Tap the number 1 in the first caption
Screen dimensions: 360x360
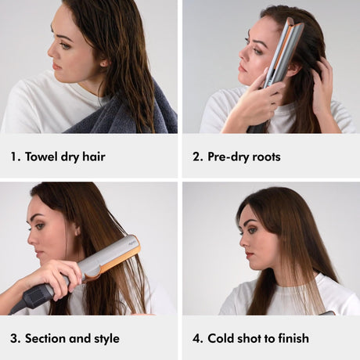coord(13,157)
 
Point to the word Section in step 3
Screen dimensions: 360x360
coord(45,338)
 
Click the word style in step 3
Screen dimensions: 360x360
coord(107,339)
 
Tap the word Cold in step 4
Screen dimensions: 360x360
coord(221,338)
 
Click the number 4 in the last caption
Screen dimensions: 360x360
coord(196,338)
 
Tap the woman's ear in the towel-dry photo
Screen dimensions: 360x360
coord(104,63)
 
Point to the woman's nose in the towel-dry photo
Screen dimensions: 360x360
coord(51,52)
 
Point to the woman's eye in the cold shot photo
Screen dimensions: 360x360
coord(251,231)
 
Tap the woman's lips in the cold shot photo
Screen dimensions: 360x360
coord(249,254)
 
